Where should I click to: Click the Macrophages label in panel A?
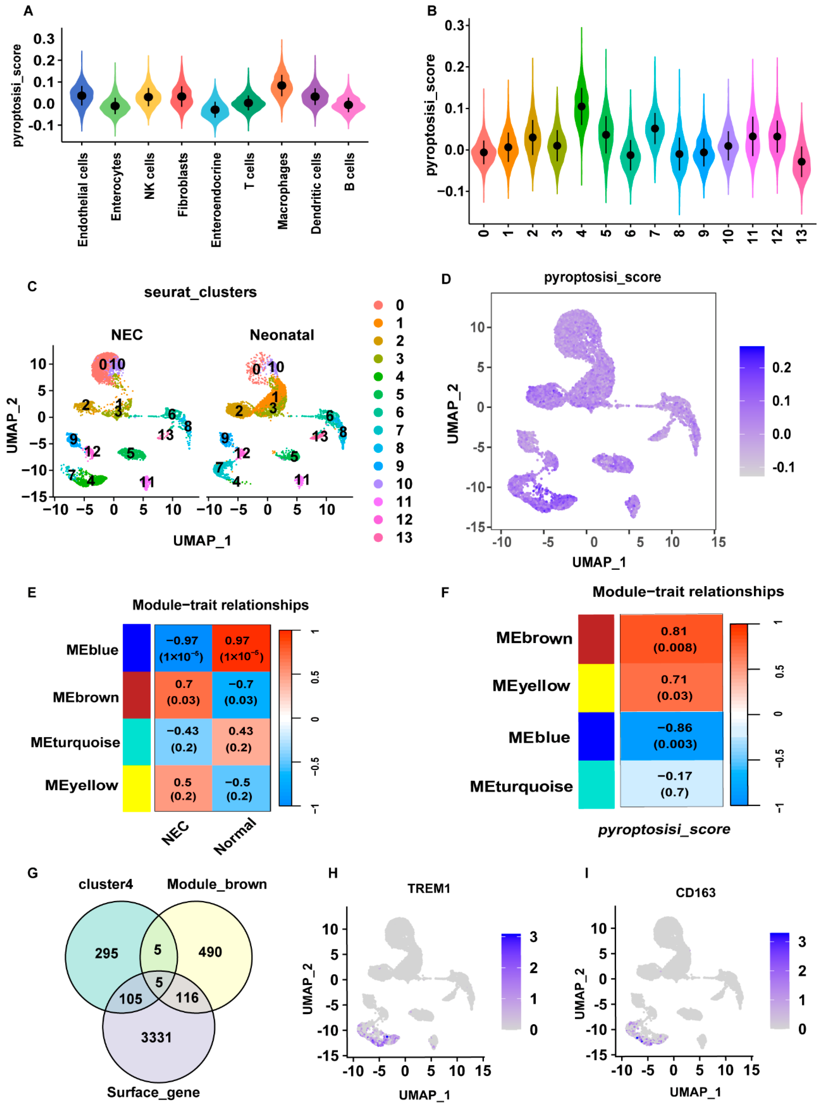(282, 191)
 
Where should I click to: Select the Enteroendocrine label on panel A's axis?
(216, 199)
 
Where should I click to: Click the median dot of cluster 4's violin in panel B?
(581, 107)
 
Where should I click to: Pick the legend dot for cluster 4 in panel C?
(379, 377)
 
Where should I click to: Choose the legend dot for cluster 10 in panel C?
(379, 484)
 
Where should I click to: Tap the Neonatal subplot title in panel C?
(282, 335)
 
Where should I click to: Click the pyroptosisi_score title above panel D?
(602, 277)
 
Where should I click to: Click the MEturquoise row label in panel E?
(75, 743)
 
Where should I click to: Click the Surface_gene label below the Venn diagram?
(154, 1092)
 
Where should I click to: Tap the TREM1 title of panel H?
(429, 889)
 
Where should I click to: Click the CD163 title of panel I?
(696, 892)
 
